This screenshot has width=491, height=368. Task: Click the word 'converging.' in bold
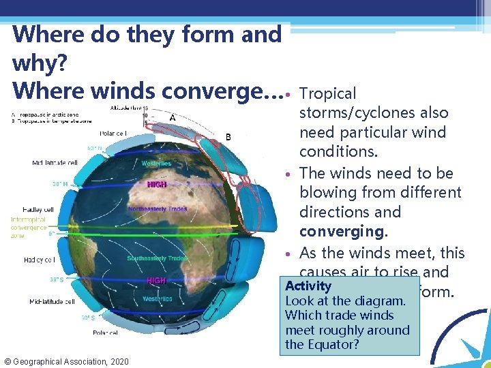pyautogui.click(x=340, y=232)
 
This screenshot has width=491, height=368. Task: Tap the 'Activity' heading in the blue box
pyautogui.click(x=308, y=286)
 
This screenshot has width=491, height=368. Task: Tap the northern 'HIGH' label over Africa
pyautogui.click(x=156, y=185)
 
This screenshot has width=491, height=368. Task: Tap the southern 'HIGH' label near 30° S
pyautogui.click(x=156, y=281)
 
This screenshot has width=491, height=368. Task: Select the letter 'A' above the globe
pyautogui.click(x=172, y=117)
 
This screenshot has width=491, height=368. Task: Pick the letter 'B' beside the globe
pyautogui.click(x=228, y=137)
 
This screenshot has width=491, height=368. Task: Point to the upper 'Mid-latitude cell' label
pyautogui.click(x=57, y=162)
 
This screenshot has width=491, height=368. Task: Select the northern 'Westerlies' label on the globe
pyautogui.click(x=156, y=164)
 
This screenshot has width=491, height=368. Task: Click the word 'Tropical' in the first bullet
pyautogui.click(x=328, y=94)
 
